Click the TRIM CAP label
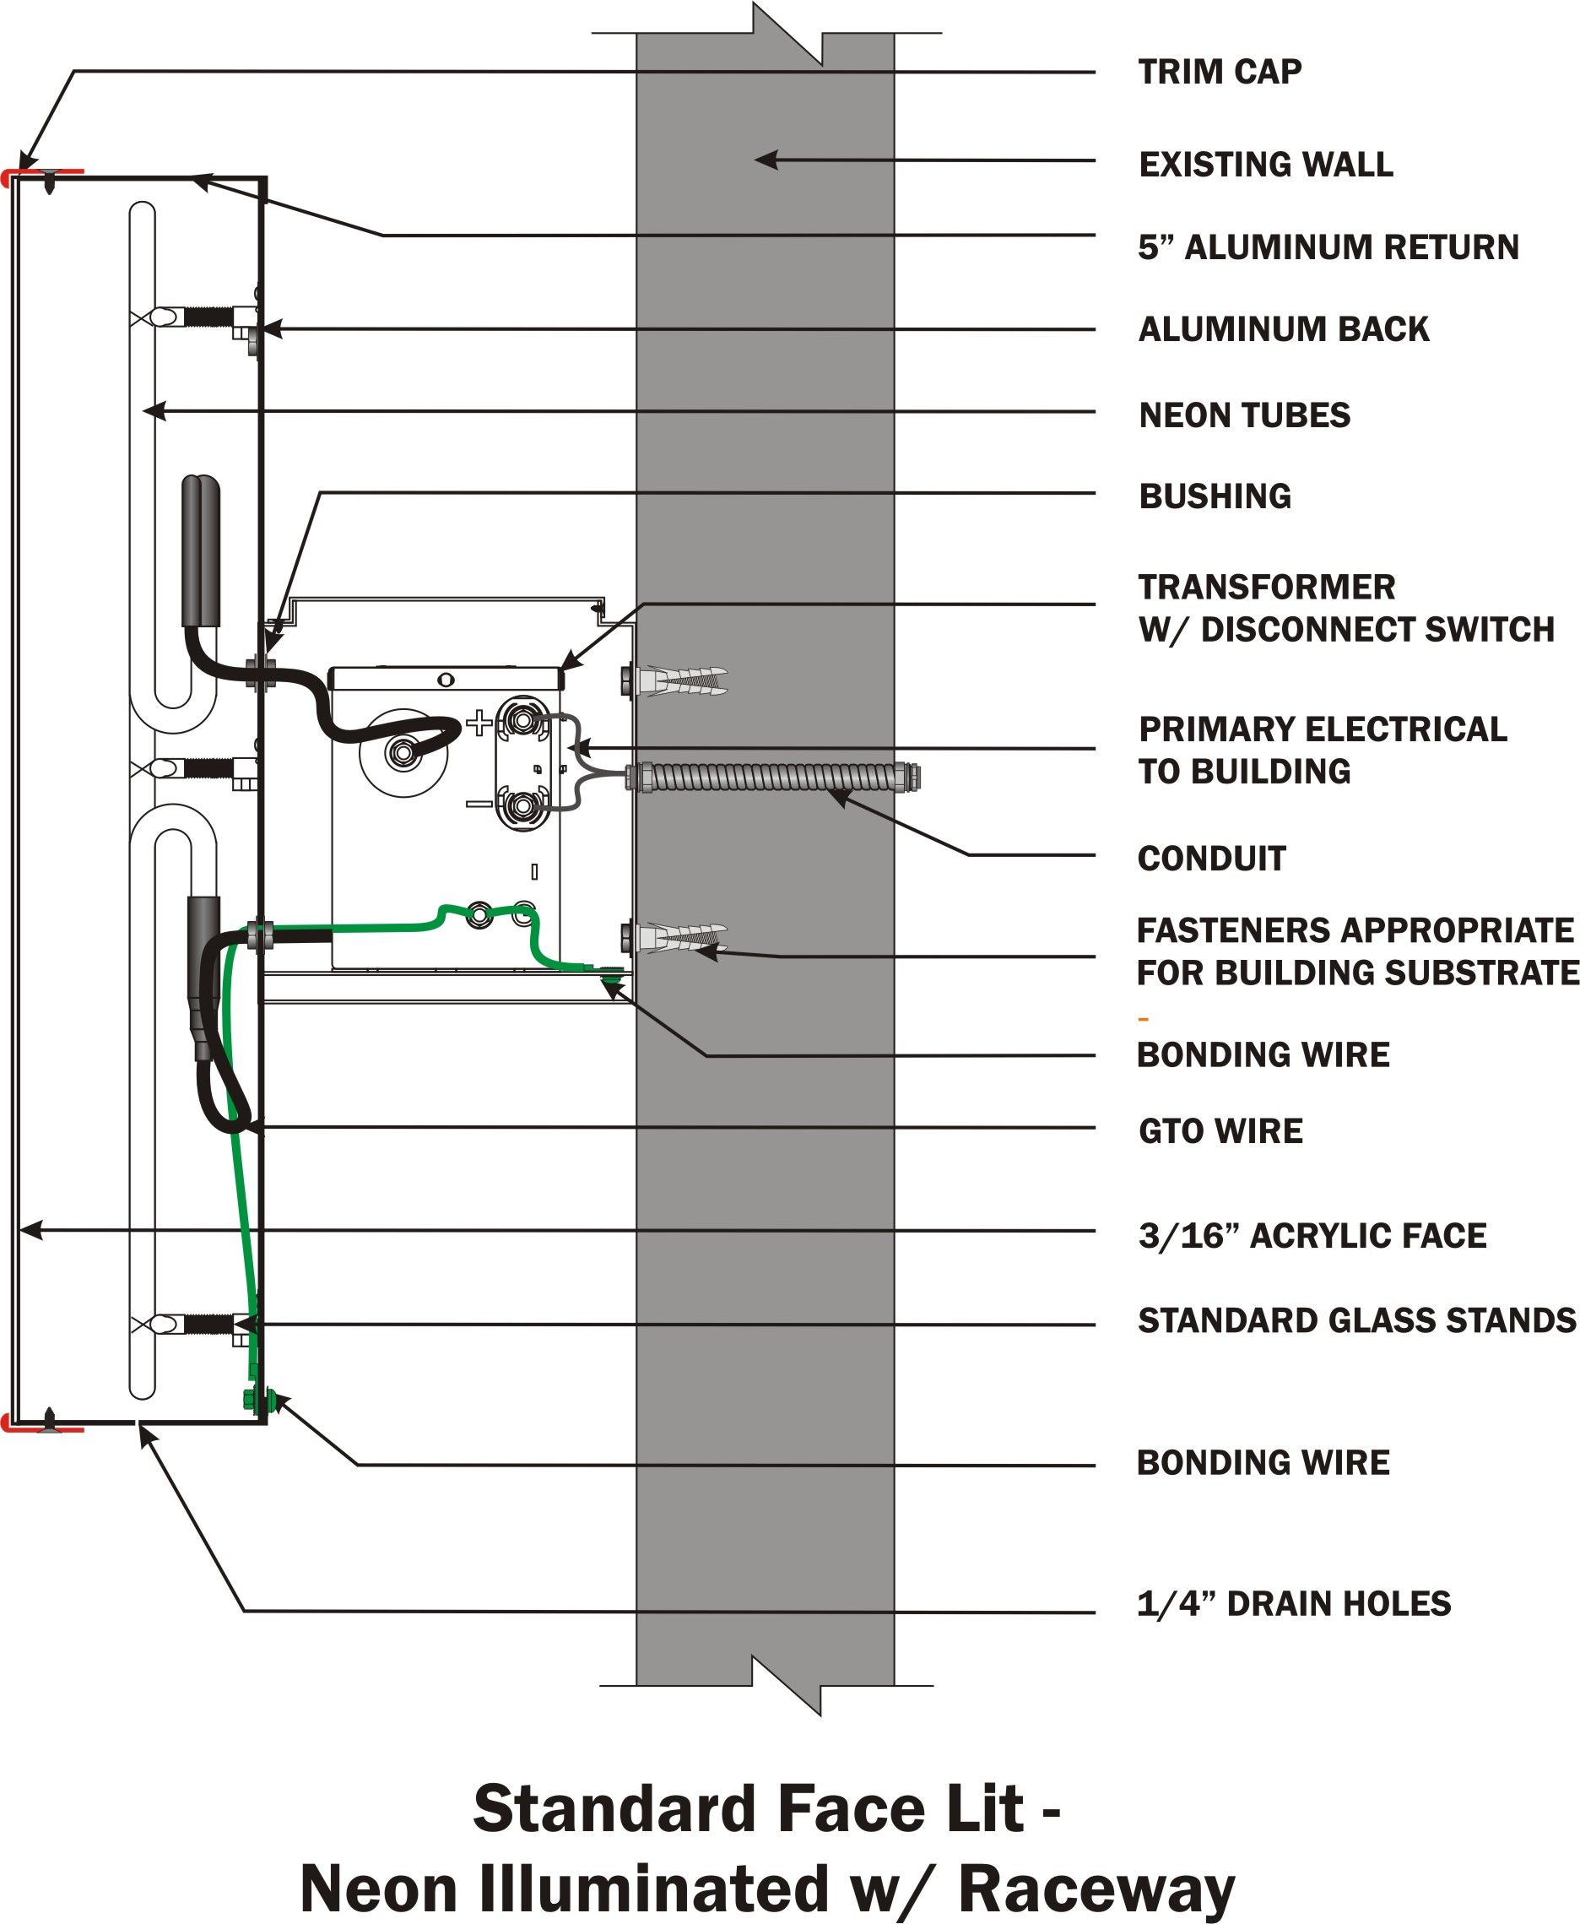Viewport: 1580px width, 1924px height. pos(1219,72)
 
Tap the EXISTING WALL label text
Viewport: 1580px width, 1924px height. pos(1265,165)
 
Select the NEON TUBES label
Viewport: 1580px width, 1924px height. pos(1243,415)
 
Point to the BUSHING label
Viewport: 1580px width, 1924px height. pos(1215,496)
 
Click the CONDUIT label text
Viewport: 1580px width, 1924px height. pos(1210,859)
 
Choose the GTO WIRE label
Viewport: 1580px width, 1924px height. pos(1220,1131)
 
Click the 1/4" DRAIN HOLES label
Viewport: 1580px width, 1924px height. pos(1292,1604)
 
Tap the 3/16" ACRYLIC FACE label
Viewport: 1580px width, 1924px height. pos(1312,1236)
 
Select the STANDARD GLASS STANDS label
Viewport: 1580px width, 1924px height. pos(1355,1320)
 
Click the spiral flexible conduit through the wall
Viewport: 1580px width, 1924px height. pos(774,778)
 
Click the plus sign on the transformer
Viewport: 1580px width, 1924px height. pos(479,724)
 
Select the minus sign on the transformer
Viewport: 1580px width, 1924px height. pos(479,805)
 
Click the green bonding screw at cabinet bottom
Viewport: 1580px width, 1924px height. pos(247,1400)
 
